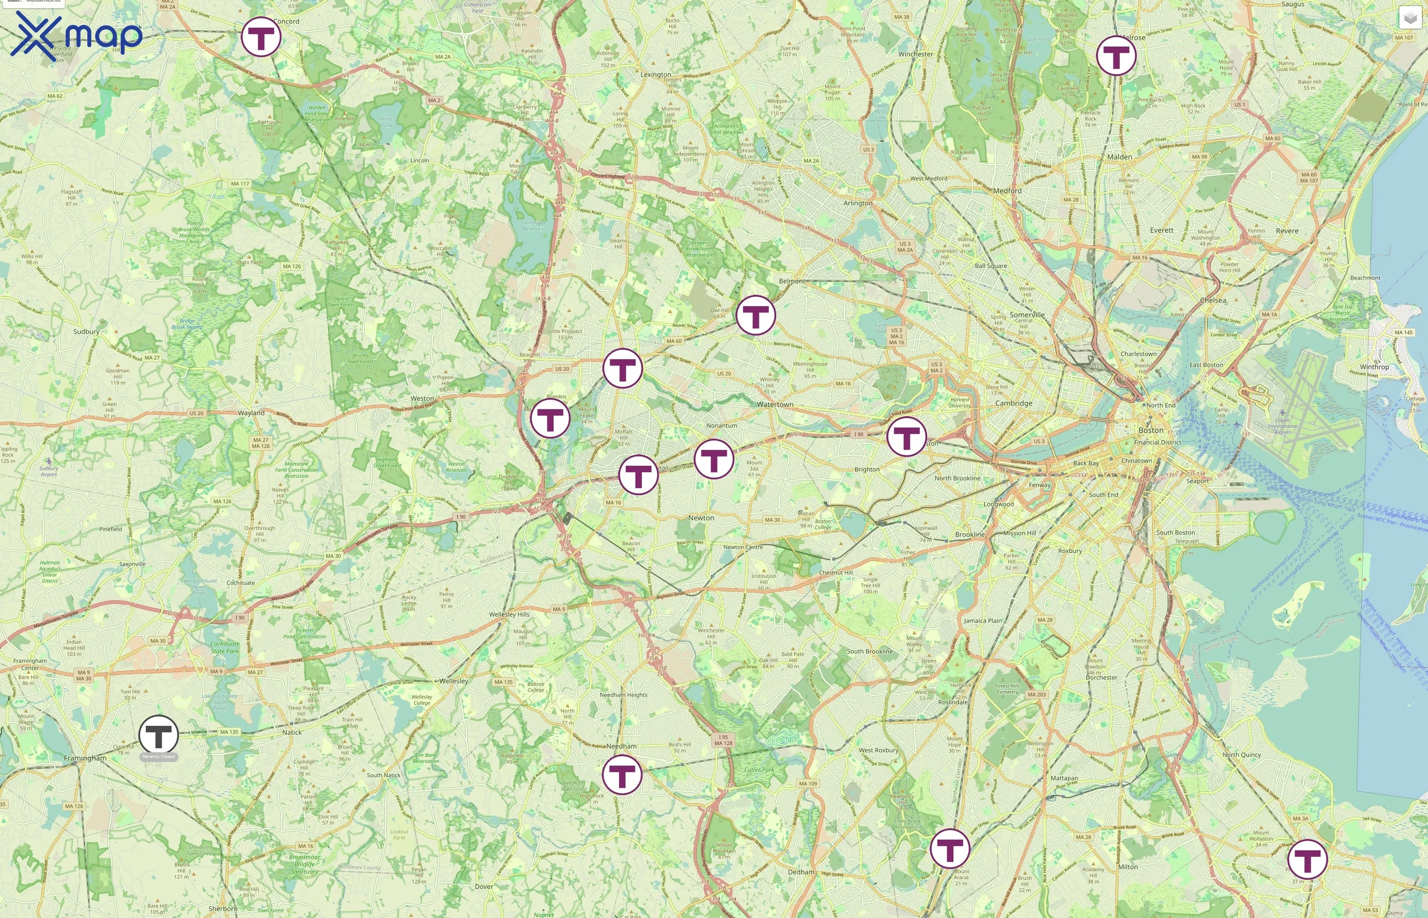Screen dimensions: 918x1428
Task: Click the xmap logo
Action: coord(76,36)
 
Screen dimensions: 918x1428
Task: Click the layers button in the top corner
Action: coord(1410,18)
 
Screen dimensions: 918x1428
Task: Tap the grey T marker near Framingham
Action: coord(159,734)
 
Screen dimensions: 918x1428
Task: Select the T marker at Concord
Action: coord(261,37)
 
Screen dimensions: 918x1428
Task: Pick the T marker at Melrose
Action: coord(1116,56)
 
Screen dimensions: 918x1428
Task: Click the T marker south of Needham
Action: coord(622,774)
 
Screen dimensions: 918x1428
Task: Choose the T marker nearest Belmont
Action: coord(756,315)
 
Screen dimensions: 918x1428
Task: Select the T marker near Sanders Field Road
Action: coord(906,437)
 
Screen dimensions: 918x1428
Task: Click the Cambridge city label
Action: coord(1013,403)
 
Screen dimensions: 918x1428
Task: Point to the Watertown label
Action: coord(775,404)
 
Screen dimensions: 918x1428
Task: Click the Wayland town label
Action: coord(251,413)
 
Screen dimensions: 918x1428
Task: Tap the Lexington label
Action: coord(655,74)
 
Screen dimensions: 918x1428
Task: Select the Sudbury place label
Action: coord(86,331)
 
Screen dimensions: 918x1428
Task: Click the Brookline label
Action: coord(970,534)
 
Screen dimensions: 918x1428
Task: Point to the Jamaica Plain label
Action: coord(983,621)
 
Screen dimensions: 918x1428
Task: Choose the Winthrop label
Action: coord(1374,367)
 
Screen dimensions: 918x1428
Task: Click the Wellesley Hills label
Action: coord(509,614)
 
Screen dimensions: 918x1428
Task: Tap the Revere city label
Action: coord(1287,231)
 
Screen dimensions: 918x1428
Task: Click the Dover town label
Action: coord(484,886)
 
